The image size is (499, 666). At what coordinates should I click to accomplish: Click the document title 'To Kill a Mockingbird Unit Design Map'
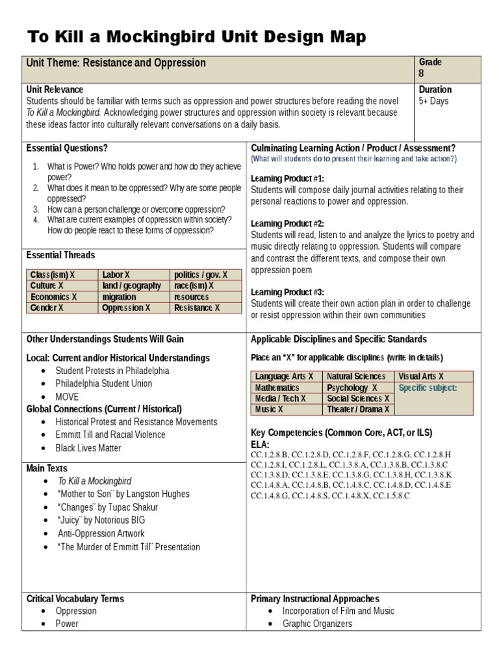(x=196, y=37)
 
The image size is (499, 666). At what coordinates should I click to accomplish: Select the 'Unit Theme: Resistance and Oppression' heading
(x=116, y=63)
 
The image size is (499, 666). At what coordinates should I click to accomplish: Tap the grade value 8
(x=422, y=73)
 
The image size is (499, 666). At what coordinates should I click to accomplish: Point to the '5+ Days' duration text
(x=433, y=101)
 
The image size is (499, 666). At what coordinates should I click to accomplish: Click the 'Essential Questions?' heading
(x=67, y=148)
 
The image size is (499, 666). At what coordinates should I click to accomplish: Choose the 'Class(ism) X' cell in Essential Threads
(x=53, y=275)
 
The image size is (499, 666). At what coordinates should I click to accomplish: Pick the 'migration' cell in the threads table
(x=120, y=297)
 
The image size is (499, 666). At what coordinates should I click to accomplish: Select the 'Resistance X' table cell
(x=197, y=308)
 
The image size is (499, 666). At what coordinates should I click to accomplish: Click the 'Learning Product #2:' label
(x=287, y=223)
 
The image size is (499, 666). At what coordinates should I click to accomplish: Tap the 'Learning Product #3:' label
(x=287, y=292)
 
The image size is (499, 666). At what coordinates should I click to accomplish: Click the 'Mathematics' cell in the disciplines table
(x=277, y=388)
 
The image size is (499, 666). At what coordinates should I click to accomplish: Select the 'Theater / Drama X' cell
(x=358, y=410)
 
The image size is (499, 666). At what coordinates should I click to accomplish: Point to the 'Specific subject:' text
(x=428, y=388)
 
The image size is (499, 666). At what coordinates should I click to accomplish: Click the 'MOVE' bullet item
(x=67, y=397)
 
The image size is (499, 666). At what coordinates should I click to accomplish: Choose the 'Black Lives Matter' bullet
(x=88, y=448)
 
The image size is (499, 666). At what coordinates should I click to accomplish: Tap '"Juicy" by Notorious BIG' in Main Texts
(x=101, y=520)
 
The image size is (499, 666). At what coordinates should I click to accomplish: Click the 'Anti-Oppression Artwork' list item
(x=101, y=533)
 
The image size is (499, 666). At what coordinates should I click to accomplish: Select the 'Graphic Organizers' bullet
(x=317, y=624)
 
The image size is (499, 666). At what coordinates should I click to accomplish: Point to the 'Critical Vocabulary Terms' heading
(x=75, y=598)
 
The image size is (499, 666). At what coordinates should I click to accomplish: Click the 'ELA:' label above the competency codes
(x=260, y=444)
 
